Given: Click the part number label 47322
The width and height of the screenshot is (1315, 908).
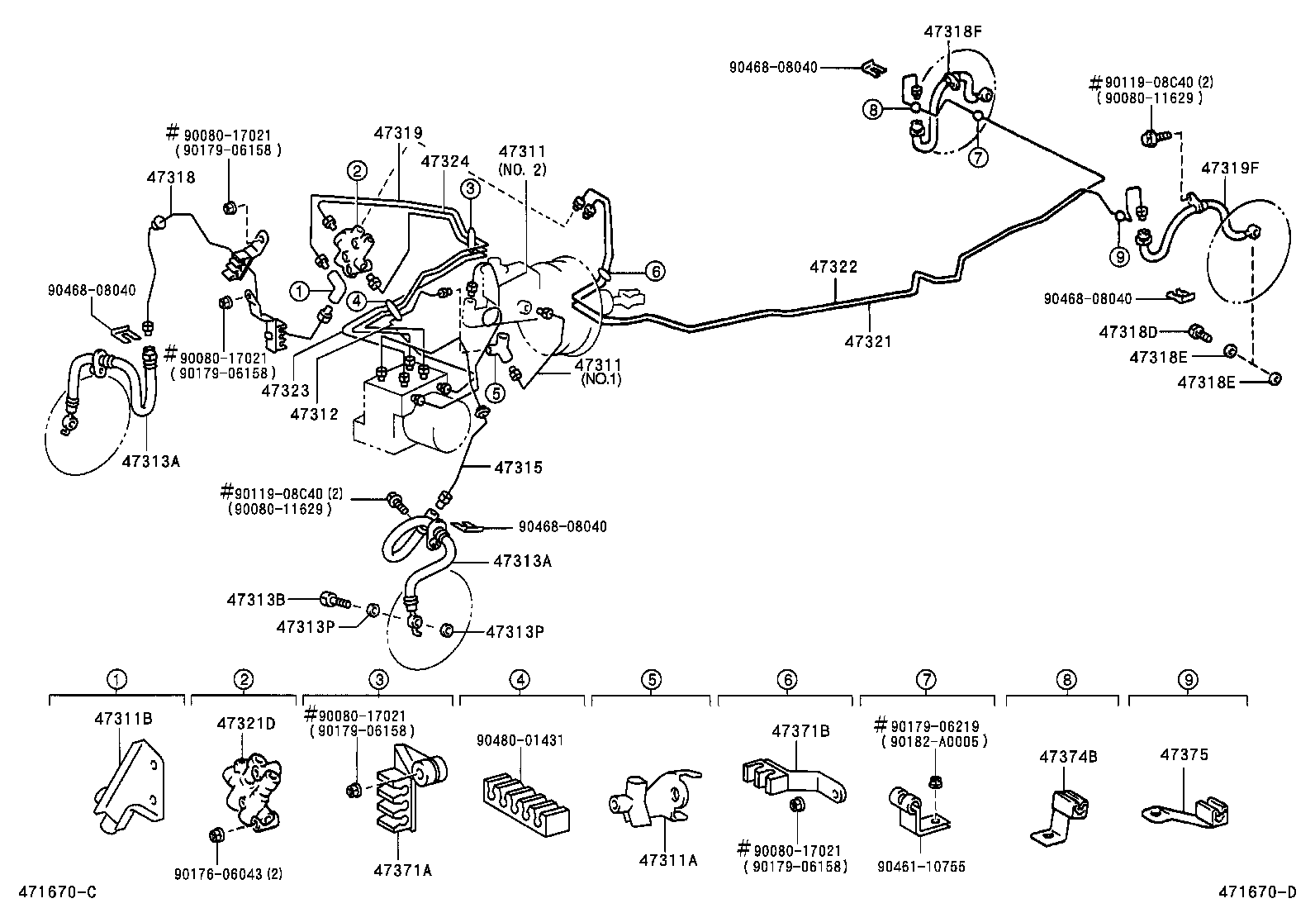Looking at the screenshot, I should click(x=833, y=267).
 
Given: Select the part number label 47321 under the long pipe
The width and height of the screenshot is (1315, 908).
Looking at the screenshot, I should click(x=868, y=340).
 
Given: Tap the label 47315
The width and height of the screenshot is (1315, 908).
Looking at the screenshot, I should click(x=518, y=468).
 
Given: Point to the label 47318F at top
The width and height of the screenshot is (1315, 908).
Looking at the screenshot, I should click(x=952, y=31).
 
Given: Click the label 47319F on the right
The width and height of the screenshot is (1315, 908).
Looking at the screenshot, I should click(x=1230, y=168).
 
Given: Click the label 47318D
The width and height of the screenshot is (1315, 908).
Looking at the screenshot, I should click(x=1127, y=332).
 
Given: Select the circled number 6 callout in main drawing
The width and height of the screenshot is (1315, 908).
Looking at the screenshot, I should click(x=654, y=270).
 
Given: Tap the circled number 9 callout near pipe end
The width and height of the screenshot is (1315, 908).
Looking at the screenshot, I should click(x=1120, y=257).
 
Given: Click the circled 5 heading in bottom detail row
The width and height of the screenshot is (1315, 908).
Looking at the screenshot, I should click(x=652, y=680).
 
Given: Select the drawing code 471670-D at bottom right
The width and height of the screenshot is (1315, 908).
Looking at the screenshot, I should click(x=1257, y=893).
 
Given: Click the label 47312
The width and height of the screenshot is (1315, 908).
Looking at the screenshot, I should click(x=314, y=413).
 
